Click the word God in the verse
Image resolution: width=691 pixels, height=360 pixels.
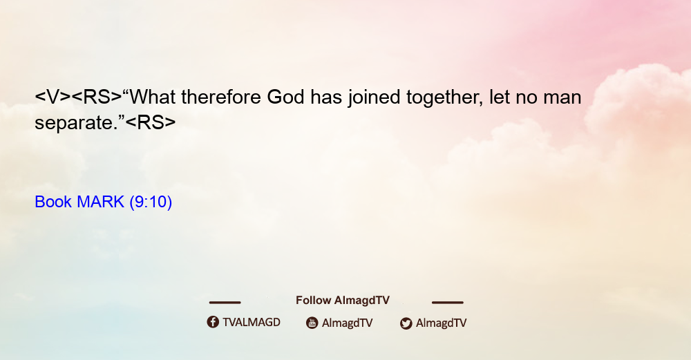coord(285,97)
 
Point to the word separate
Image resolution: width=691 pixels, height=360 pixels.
coord(71,123)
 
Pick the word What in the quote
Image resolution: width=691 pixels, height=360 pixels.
coord(152,97)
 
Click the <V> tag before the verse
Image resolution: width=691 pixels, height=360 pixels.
coord(53,97)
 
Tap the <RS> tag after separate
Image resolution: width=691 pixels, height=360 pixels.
coord(150,122)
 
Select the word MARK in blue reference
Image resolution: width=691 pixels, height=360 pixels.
coord(100,202)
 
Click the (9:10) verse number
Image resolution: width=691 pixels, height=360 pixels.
coord(151,202)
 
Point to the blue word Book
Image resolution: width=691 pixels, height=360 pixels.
coord(53,202)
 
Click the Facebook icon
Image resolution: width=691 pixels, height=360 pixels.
coord(213,322)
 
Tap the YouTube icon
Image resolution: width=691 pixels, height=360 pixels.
coord(312,323)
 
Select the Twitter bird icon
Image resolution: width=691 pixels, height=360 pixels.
coord(406,323)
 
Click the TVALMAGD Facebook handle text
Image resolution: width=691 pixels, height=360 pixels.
coord(252,323)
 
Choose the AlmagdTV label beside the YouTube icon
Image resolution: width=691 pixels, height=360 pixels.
coord(348,323)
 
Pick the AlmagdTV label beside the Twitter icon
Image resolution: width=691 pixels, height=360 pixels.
coord(441,323)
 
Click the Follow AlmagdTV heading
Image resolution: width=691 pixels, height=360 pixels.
coord(343,301)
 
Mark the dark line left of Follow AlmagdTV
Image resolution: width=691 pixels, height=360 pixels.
coord(225,302)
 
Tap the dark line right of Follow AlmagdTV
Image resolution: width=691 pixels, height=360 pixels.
coord(448,302)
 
